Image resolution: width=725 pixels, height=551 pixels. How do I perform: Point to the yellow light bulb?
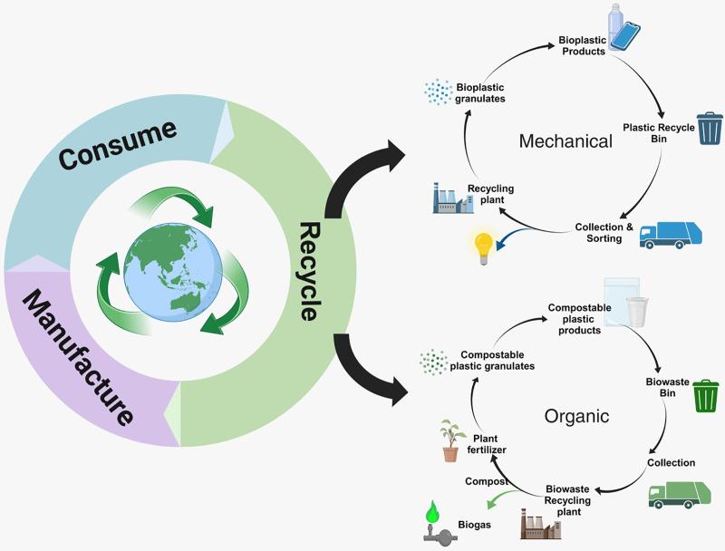[481, 246]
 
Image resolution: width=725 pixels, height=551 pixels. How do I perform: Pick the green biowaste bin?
[706, 395]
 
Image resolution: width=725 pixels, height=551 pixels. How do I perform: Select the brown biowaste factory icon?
[535, 524]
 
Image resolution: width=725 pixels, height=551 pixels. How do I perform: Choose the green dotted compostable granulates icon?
[434, 361]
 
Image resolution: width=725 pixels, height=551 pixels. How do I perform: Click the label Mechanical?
[565, 141]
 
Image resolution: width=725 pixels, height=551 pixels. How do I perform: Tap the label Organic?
[576, 417]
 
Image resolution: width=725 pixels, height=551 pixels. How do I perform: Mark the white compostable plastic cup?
[638, 310]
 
